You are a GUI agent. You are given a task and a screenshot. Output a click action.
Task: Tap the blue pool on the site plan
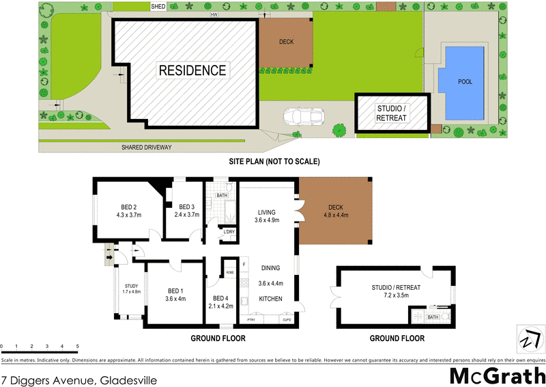(x=465, y=82)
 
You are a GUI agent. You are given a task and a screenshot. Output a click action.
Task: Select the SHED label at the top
(x=158, y=6)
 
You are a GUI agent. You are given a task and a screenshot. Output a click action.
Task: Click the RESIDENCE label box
(x=192, y=70)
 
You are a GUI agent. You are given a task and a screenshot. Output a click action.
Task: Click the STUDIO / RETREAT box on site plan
(x=392, y=113)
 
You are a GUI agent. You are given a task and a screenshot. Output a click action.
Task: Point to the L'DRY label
(x=229, y=232)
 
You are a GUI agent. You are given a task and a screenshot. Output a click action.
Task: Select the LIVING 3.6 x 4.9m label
(x=266, y=215)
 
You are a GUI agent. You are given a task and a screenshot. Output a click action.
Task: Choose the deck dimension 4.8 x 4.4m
(x=336, y=215)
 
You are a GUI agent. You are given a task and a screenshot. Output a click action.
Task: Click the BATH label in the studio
(x=432, y=317)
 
